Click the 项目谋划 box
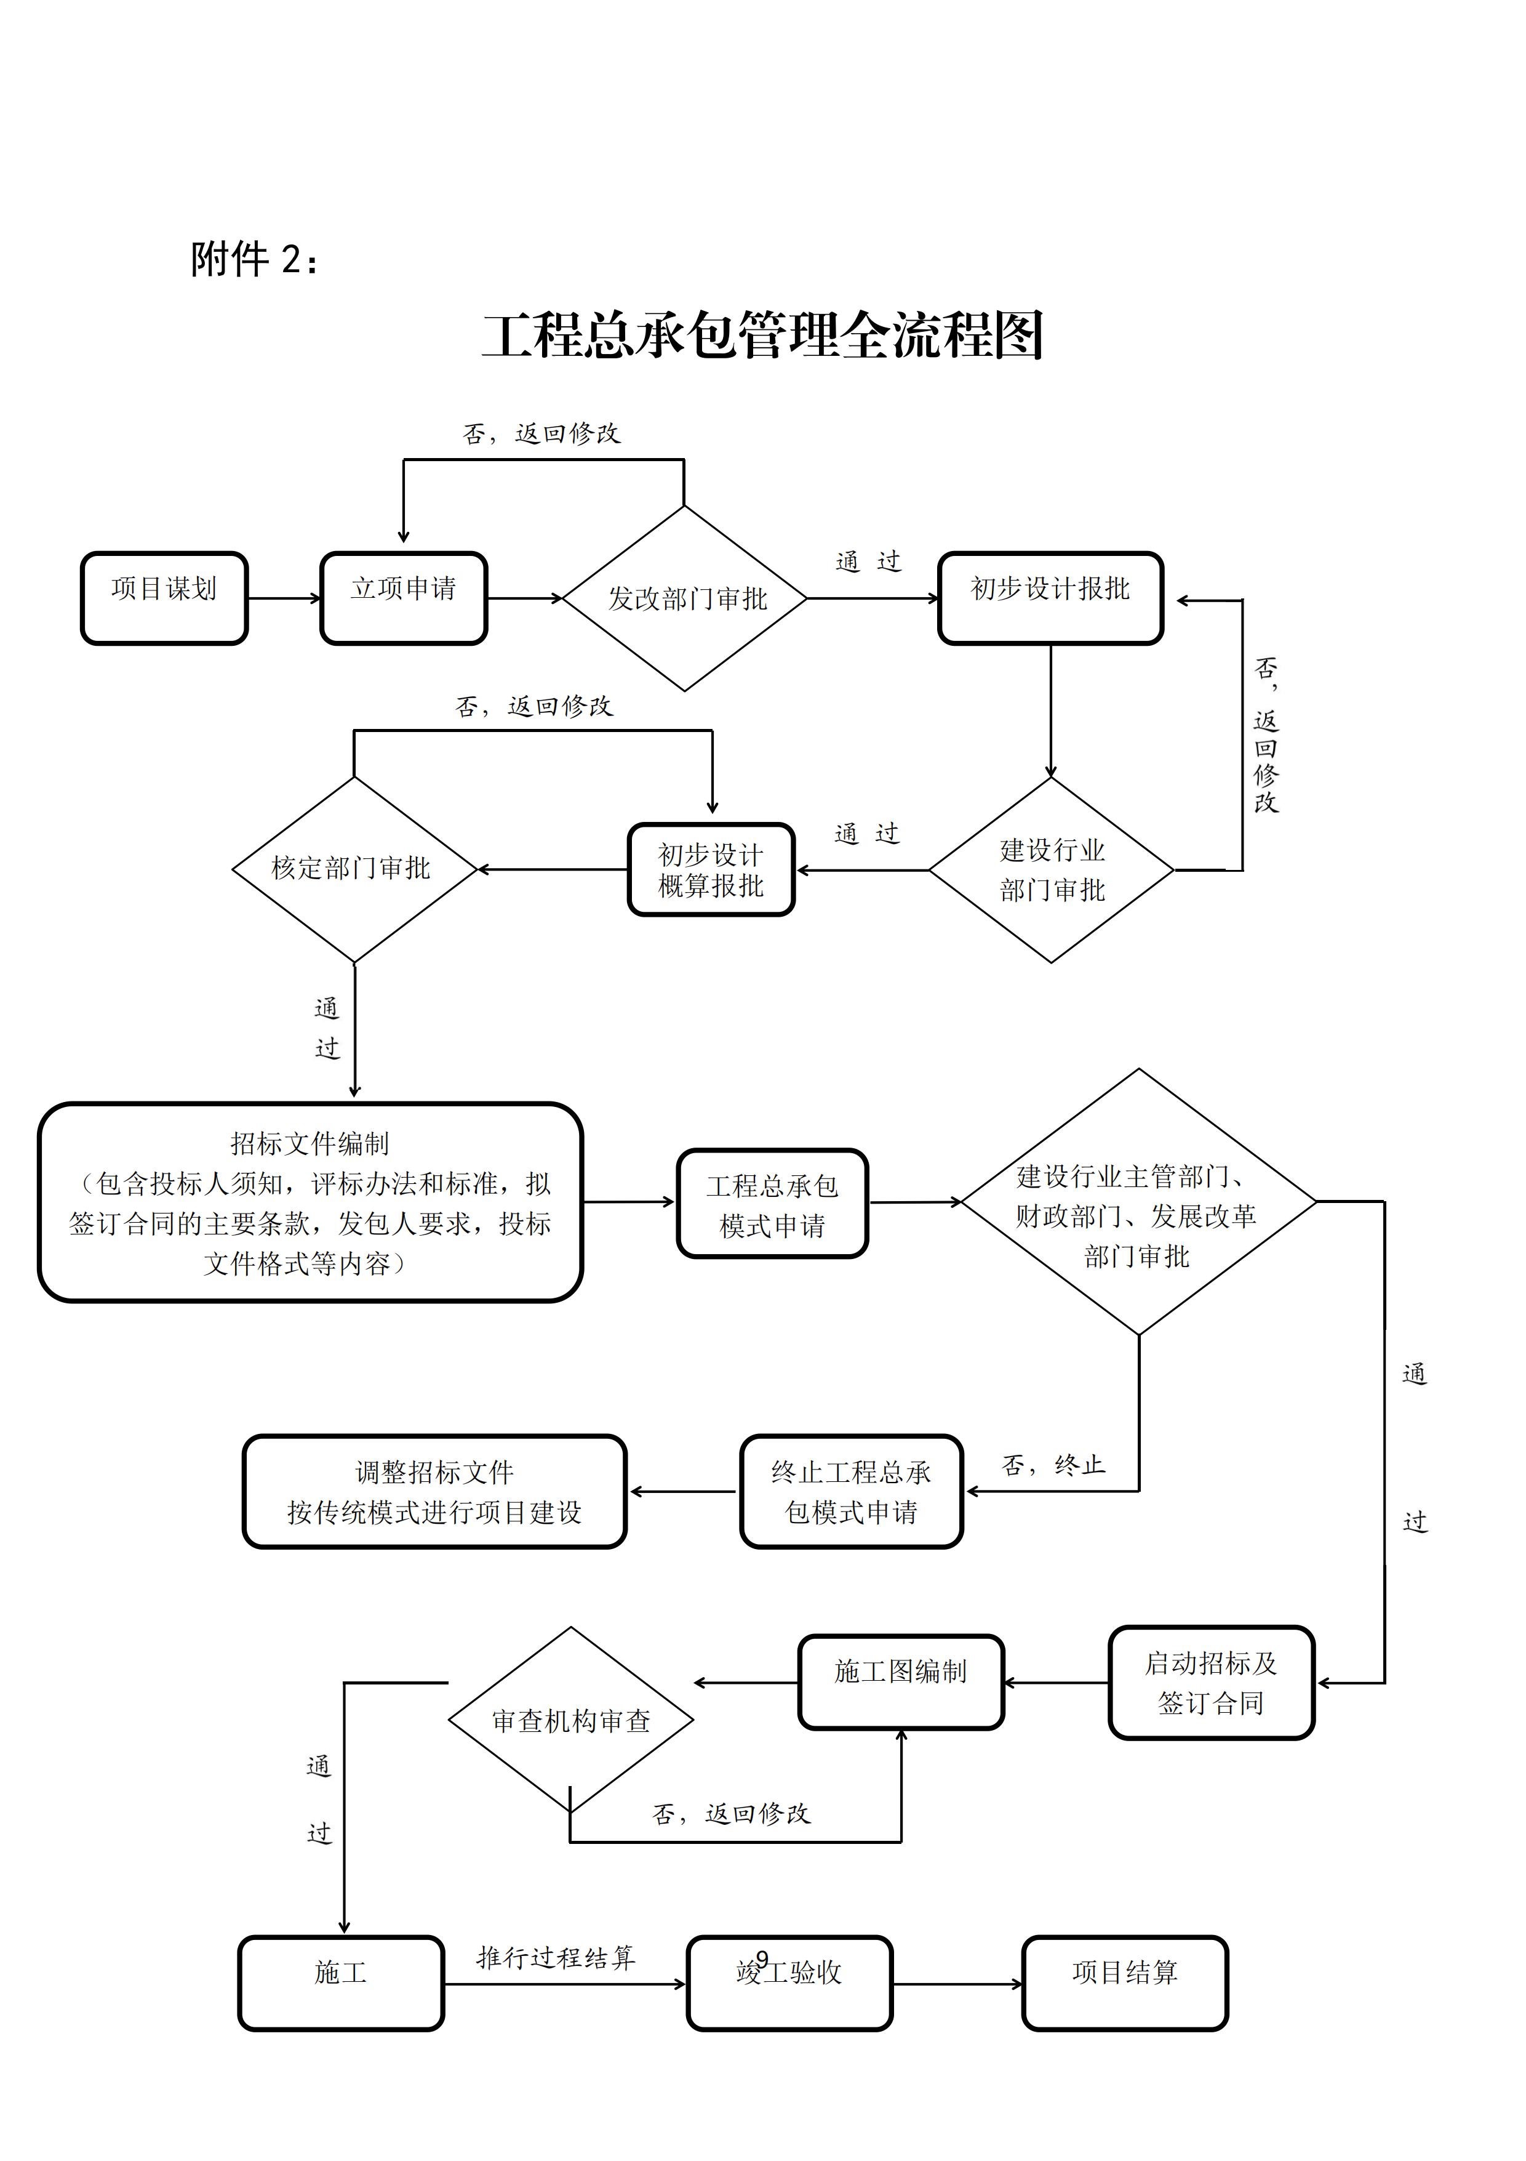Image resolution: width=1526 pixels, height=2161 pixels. tap(164, 598)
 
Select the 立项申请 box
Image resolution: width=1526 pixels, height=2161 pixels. tap(404, 598)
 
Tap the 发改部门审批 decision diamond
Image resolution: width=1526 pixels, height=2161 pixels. tap(685, 598)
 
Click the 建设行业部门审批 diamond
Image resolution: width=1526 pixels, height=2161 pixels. tap(1051, 870)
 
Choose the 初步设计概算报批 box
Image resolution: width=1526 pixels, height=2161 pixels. tap(711, 870)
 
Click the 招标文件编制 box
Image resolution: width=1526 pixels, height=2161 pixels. tap(311, 1202)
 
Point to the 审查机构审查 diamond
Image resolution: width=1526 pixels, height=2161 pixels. tap(570, 1721)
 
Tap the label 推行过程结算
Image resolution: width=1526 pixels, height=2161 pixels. tap(556, 1958)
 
